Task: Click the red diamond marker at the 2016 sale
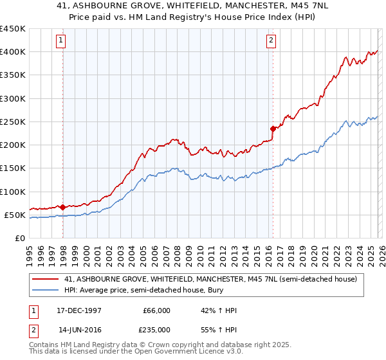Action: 273,129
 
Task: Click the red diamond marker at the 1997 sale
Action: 62,207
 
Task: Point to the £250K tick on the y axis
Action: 13,122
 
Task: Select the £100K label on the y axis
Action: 13,192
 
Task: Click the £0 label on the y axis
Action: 19,238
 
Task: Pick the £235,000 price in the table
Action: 156,329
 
